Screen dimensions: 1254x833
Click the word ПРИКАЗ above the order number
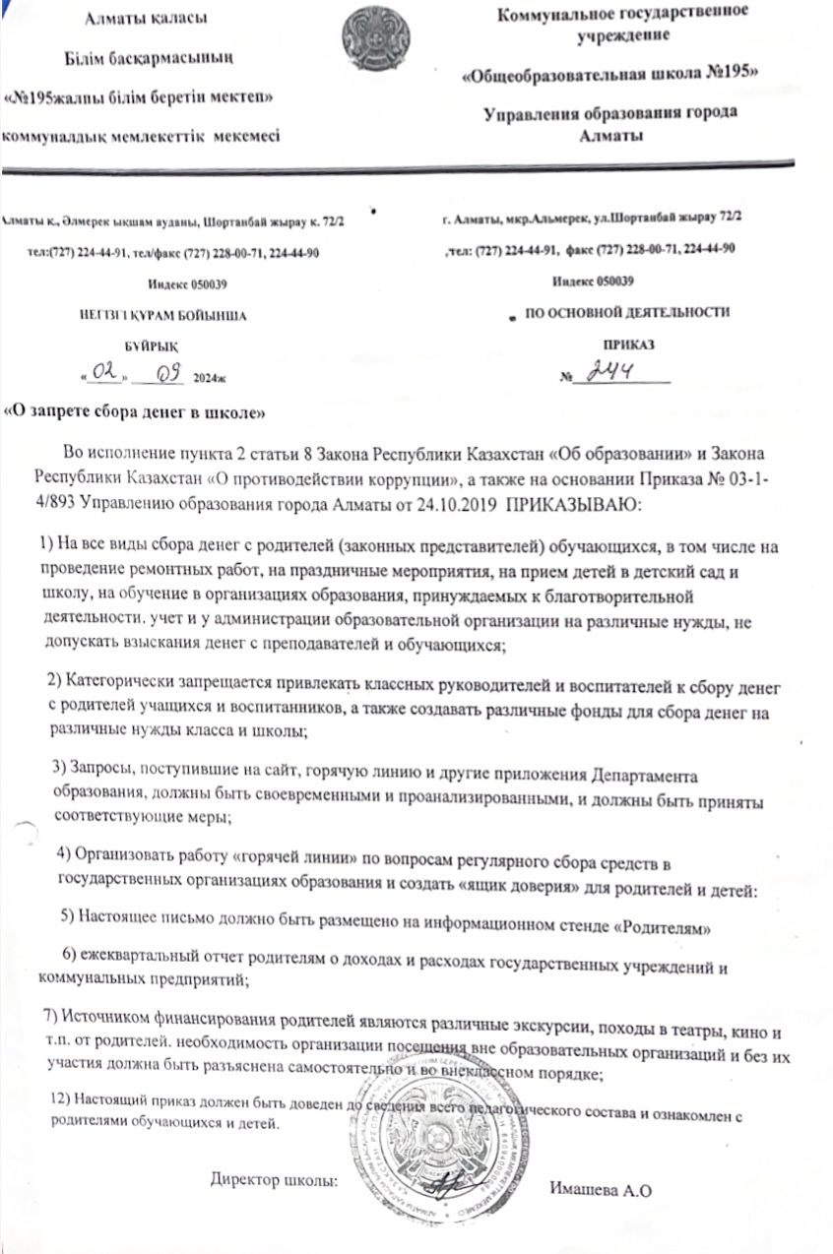[x=628, y=345]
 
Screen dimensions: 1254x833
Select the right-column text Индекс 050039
[x=592, y=282]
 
